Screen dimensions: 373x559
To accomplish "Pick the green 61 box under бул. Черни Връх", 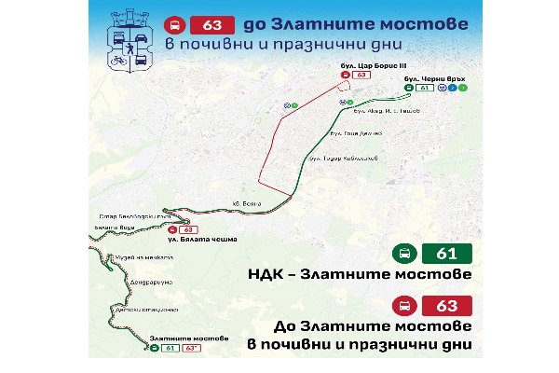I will pos(426,89).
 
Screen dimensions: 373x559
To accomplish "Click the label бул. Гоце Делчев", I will pos(357,133).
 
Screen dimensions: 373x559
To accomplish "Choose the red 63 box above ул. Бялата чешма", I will pos(188,229).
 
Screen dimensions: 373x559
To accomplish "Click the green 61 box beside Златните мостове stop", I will pos(170,348).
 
